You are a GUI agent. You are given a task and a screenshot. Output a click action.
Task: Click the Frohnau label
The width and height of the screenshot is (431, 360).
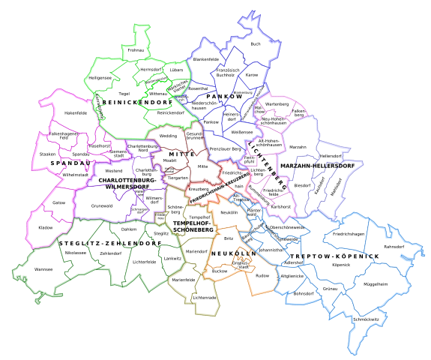coord(136,50)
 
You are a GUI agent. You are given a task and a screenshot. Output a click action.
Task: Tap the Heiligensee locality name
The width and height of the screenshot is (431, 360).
coord(100,78)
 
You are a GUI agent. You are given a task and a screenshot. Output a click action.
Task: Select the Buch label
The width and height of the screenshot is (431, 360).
coord(256,44)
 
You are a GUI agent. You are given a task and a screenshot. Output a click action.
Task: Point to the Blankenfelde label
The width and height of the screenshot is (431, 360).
coord(205,58)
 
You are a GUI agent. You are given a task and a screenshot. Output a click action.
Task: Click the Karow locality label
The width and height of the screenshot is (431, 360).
coord(252,75)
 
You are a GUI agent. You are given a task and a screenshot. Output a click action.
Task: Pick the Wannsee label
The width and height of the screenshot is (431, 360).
coord(43,268)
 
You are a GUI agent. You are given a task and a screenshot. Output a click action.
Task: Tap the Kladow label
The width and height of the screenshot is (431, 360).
coord(46,227)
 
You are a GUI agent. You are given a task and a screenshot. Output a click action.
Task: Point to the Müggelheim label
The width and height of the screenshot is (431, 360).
coord(375,284)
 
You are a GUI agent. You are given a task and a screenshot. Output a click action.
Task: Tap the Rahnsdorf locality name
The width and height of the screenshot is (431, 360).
coord(394,246)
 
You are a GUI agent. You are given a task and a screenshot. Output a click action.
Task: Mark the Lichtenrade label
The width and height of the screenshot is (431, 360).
coord(205,298)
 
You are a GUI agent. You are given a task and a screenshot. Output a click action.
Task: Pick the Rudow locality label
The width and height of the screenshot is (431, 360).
coord(262,276)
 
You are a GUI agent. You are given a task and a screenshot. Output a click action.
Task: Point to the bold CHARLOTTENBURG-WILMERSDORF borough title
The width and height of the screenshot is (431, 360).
coord(127,184)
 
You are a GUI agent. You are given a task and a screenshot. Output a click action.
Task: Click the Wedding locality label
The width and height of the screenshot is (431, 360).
coord(168,136)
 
